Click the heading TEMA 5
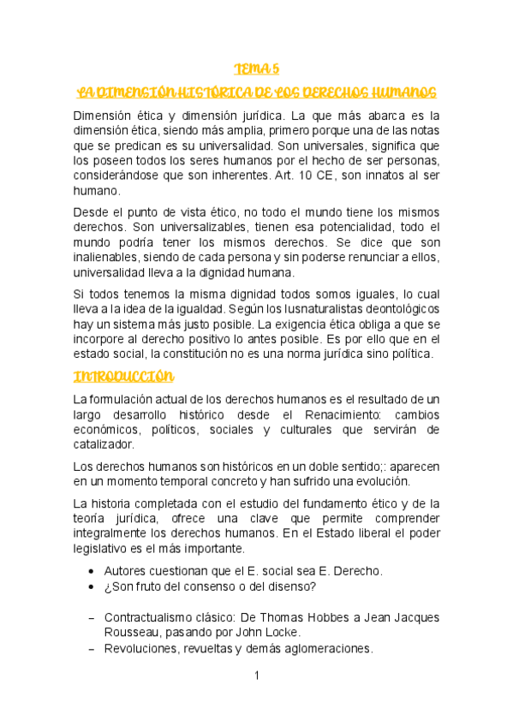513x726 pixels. (x=256, y=68)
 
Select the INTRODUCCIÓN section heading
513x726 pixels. (x=123, y=376)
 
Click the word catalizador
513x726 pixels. (x=104, y=444)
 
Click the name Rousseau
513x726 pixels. (x=132, y=632)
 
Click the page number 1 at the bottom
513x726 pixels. (x=256, y=675)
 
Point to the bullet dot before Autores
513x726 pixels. (x=92, y=571)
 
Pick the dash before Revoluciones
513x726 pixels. (x=92, y=649)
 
